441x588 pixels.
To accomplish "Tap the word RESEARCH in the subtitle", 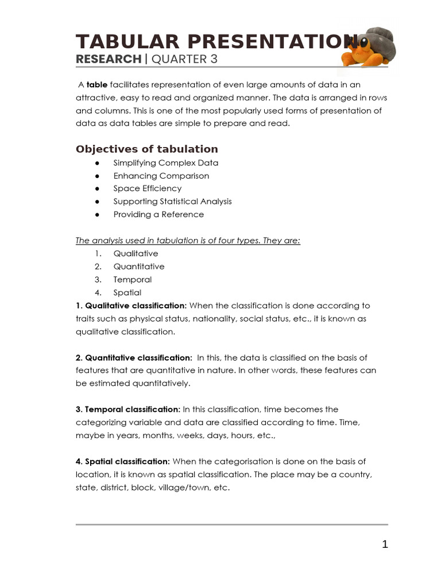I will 109,59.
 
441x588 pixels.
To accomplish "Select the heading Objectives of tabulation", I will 147,149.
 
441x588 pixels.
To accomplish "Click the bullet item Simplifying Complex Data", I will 165,163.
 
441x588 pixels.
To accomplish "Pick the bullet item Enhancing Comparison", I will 161,176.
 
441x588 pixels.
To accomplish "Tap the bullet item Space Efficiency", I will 147,188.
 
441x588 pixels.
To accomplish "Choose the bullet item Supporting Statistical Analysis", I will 172,202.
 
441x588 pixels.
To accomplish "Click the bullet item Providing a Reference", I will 158,214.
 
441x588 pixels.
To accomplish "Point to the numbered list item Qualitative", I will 136,253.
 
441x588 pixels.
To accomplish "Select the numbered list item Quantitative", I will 138,266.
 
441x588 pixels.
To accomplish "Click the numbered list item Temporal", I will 132,280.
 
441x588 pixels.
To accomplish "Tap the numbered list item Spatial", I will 127,293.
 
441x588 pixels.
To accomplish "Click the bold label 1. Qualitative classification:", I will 131,305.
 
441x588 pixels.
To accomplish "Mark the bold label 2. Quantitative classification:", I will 134,358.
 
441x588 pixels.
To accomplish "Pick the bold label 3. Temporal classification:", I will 128,409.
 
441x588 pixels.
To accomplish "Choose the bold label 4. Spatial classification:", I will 123,461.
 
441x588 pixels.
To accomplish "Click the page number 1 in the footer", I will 385,544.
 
